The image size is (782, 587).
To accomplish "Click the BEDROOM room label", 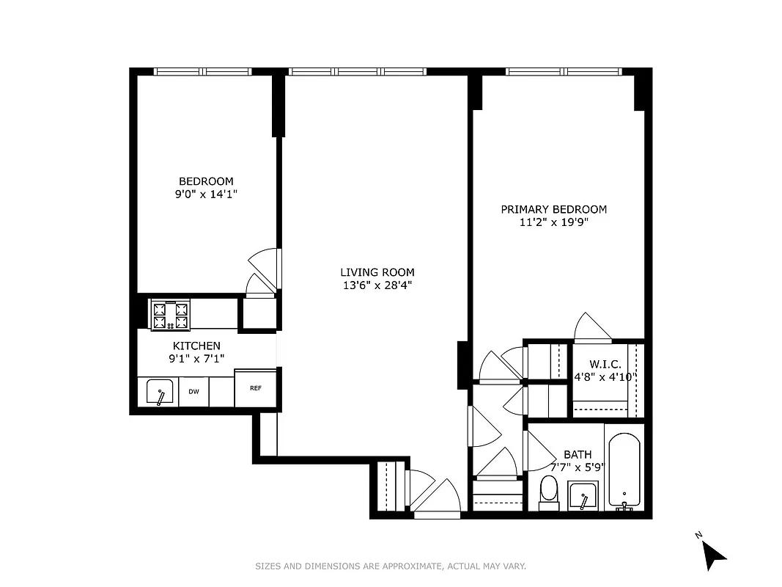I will point(206,181).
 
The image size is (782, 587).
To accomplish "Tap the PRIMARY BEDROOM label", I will point(553,209).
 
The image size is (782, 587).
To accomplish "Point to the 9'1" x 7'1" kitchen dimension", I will point(196,359).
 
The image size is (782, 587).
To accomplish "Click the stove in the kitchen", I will point(170,315).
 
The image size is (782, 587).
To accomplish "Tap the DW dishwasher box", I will point(193,392).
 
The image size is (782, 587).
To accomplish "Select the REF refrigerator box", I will point(255,388).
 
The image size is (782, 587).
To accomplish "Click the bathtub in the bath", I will point(624,470).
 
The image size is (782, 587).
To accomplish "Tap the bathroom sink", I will point(583,496).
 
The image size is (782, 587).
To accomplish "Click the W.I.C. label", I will point(605,365).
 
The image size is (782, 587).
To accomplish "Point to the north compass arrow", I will point(714,554).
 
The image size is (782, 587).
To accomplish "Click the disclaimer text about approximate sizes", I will point(391,566).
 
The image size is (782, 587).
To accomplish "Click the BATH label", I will point(577,455).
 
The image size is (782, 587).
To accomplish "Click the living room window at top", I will point(356,72).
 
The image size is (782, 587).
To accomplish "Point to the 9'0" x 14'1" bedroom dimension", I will point(206,194).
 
